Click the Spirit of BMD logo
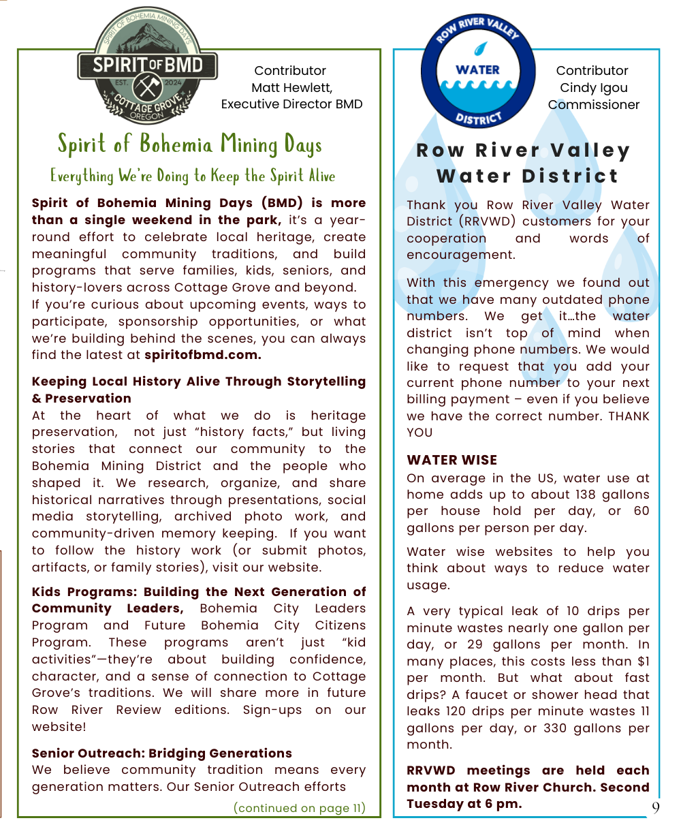click(147, 66)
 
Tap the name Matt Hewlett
click(291, 88)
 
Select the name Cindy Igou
click(593, 88)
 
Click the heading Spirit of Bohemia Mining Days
click(189, 144)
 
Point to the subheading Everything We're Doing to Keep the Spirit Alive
click(193, 176)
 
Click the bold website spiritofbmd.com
click(203, 355)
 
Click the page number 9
click(655, 808)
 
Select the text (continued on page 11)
click(299, 809)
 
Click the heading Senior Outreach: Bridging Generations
click(162, 753)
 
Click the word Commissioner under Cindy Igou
click(594, 105)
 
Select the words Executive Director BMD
click(291, 105)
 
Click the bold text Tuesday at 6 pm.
click(464, 804)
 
